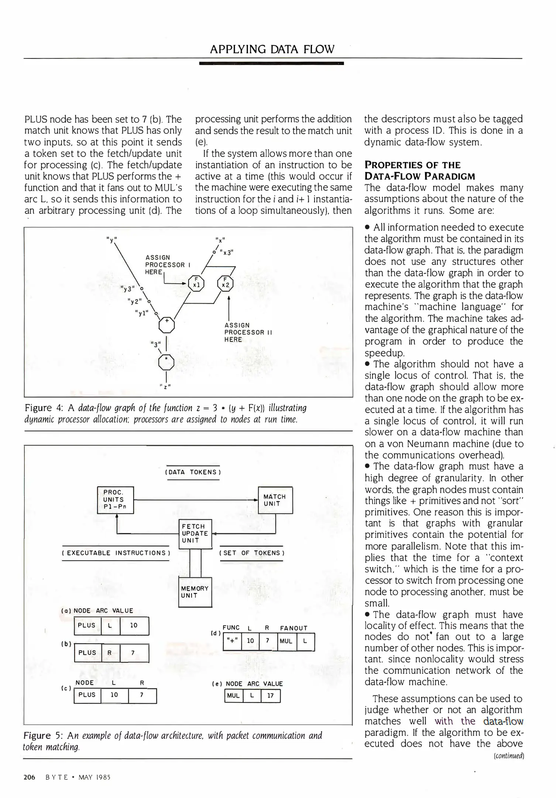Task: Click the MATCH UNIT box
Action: click(x=275, y=500)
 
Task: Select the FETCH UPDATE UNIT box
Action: click(x=195, y=533)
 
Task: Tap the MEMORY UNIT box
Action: click(x=195, y=592)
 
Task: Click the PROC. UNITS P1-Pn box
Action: click(x=115, y=499)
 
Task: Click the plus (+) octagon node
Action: click(x=167, y=325)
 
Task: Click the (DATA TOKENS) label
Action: click(x=193, y=472)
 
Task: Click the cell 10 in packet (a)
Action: click(x=134, y=625)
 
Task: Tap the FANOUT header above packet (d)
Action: click(x=294, y=628)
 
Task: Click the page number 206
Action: click(x=29, y=777)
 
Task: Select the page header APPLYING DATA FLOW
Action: click(x=272, y=49)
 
